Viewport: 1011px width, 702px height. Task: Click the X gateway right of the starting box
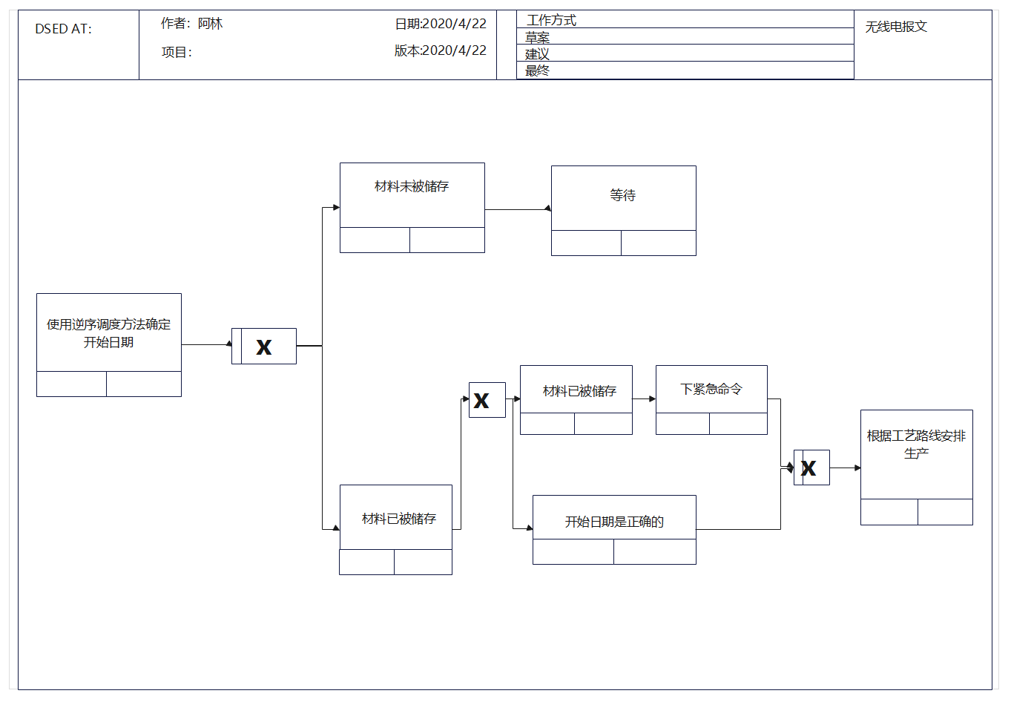click(x=264, y=347)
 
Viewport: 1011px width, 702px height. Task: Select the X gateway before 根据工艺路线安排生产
click(x=811, y=468)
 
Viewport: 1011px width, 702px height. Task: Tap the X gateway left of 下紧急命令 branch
click(x=487, y=400)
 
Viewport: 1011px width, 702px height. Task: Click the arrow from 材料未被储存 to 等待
click(x=518, y=209)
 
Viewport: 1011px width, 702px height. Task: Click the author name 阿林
click(x=210, y=24)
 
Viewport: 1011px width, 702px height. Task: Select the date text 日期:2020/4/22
click(x=441, y=24)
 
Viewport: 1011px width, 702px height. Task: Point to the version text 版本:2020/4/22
click(x=441, y=50)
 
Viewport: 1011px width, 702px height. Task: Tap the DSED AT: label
click(x=64, y=29)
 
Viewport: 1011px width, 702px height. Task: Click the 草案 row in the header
click(x=685, y=36)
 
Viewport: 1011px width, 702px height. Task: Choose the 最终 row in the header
click(x=685, y=70)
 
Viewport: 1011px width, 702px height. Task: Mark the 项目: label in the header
click(x=177, y=53)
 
